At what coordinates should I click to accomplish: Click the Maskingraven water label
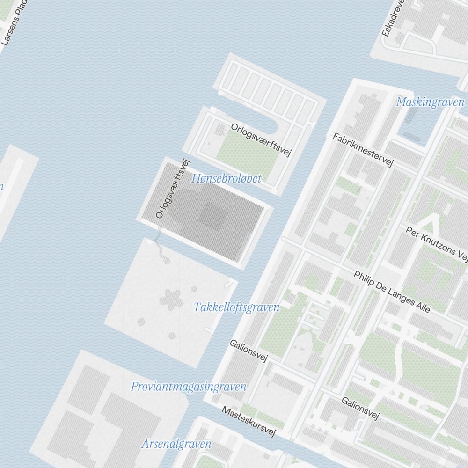[x=430, y=102]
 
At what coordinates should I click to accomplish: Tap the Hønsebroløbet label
[x=227, y=178]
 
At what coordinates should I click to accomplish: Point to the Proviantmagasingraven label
[x=189, y=387]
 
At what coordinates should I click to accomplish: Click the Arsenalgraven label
[x=176, y=444]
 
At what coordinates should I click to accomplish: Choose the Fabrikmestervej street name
[x=363, y=150]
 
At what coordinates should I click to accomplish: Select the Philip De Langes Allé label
[x=392, y=292]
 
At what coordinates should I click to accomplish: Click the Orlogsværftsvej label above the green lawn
[x=261, y=140]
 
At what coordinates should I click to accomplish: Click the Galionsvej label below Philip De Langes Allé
[x=359, y=409]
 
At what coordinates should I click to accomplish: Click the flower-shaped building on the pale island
[x=170, y=300]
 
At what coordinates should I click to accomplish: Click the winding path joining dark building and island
[x=161, y=248]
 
